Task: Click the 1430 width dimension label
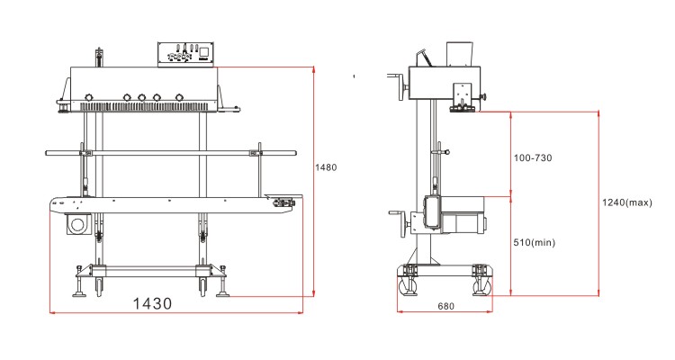[151, 303]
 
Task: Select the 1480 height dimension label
[325, 166]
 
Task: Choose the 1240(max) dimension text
[626, 202]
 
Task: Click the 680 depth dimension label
[445, 306]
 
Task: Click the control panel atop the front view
[186, 53]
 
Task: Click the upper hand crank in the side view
[395, 85]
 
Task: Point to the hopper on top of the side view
[459, 53]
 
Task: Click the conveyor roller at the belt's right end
[287, 203]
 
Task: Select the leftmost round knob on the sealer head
[88, 97]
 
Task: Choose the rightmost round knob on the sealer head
[178, 97]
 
